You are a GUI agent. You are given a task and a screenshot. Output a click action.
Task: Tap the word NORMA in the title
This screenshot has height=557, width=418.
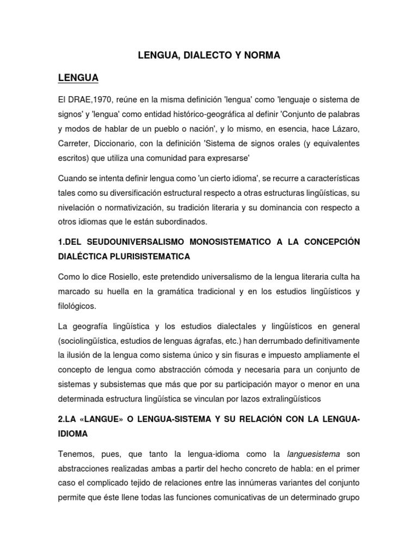pos(261,55)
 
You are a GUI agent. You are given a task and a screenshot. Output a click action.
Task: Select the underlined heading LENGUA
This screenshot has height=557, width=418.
pos(78,78)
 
